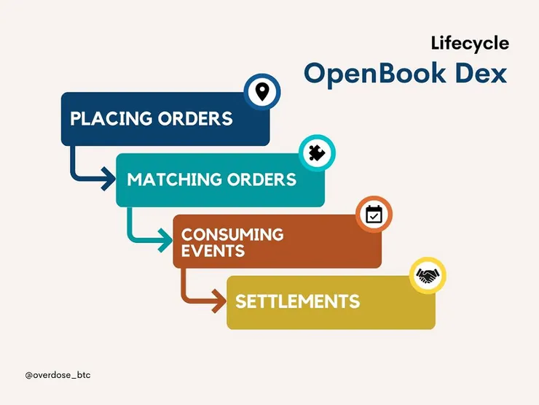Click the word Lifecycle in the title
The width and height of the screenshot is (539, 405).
click(469, 43)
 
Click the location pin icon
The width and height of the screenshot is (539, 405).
click(262, 92)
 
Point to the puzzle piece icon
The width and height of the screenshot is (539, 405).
click(318, 153)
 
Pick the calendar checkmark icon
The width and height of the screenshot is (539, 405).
click(374, 214)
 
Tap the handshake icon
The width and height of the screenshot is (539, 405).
click(428, 276)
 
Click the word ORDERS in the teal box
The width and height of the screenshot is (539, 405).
click(263, 180)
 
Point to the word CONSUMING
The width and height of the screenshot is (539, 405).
click(232, 235)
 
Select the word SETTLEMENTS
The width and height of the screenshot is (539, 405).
click(297, 301)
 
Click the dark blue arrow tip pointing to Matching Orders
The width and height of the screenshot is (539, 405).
click(109, 176)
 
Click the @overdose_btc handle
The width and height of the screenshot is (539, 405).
click(58, 374)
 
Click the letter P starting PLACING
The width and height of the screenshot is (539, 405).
click(75, 118)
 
